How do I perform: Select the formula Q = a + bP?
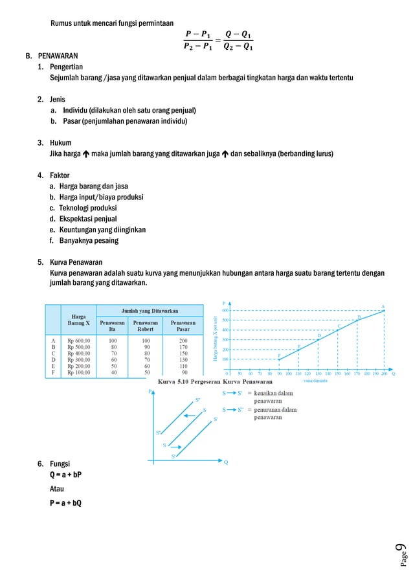coord(65,475)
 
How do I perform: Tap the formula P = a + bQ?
coord(65,503)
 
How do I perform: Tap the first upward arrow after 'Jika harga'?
coord(86,155)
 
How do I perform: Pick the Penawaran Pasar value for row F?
coord(184,372)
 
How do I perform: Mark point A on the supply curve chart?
coord(384,311)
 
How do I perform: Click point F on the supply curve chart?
coord(279,359)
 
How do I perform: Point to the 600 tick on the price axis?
coord(225,310)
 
